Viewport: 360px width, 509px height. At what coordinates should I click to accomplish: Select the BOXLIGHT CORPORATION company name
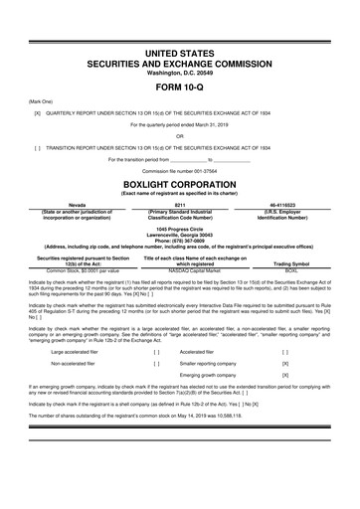[179, 185]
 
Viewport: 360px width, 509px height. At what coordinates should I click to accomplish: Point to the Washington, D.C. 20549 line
[179, 72]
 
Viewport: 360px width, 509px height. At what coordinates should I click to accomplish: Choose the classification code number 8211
[179, 205]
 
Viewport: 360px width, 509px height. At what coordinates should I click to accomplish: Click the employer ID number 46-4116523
[284, 205]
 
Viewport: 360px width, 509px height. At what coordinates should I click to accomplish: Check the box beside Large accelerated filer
[157, 351]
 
